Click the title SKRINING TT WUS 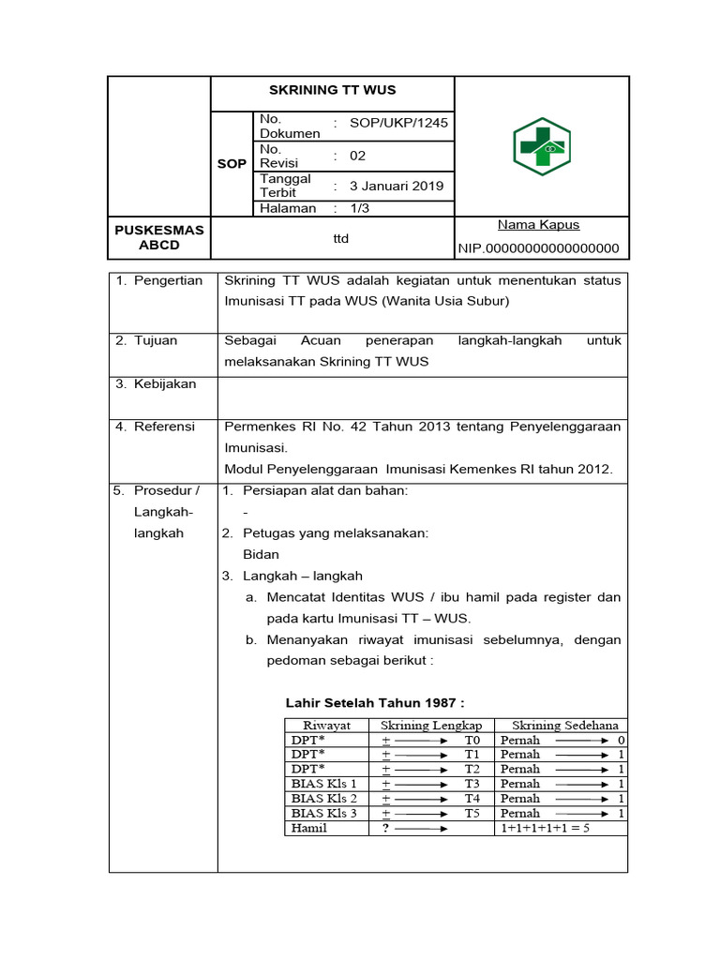tap(332, 90)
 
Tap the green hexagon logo tap(541, 147)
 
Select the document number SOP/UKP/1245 tap(398, 123)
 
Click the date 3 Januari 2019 tap(397, 186)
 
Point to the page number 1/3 tap(360, 208)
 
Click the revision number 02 tap(358, 156)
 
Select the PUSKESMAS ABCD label tap(158, 237)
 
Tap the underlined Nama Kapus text tap(538, 225)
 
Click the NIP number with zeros tap(538, 248)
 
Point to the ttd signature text tap(340, 239)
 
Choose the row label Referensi tap(164, 427)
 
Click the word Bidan tap(261, 554)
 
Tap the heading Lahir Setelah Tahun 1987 tap(375, 703)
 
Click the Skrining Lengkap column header tap(431, 725)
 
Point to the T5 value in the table tap(472, 813)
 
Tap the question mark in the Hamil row tap(385, 828)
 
